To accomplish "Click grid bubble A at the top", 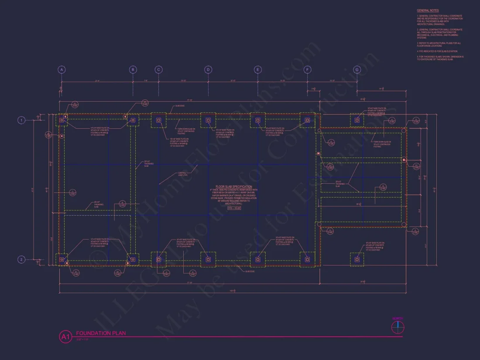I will coord(62,69).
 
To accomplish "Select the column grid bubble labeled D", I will coord(208,69).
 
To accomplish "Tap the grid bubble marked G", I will coord(357,69).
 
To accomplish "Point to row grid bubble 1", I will coord(21,120).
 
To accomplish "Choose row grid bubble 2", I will coord(21,260).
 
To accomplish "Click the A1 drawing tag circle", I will coord(65,336).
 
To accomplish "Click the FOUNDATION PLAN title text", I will coord(101,333).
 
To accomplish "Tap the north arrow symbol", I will coord(398,328).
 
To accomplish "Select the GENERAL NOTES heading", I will coord(428,10).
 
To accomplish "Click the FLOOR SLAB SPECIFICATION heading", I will coord(233,187).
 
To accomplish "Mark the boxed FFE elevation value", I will coord(234,208).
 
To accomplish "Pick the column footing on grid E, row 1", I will coord(258,120).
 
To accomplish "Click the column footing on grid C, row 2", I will coord(158,259).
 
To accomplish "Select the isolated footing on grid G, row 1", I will coord(357,120).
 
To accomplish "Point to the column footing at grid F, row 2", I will coord(307,259).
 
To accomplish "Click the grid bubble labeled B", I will coord(133,69).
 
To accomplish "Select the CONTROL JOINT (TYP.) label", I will coord(182,174).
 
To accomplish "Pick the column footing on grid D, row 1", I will coord(208,120).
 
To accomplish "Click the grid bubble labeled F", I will coord(307,69).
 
